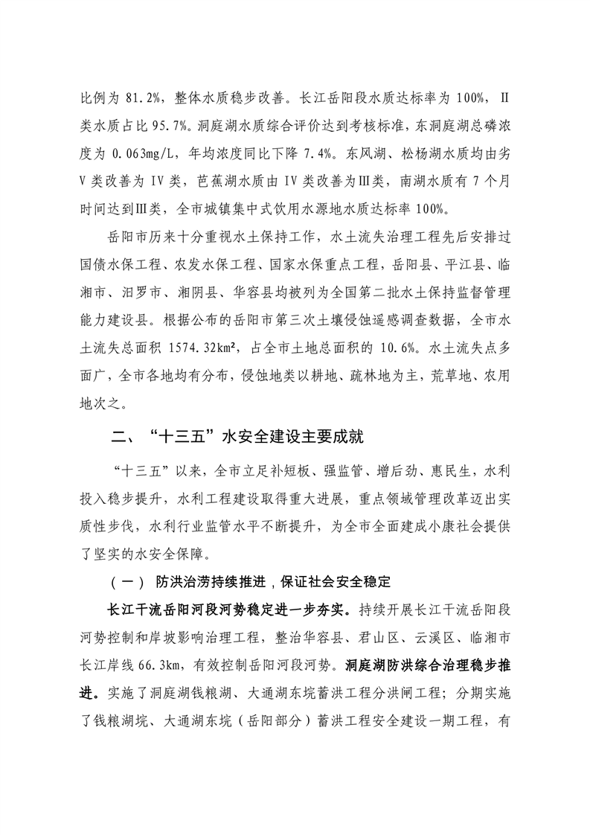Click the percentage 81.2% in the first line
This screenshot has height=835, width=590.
coord(144,97)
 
